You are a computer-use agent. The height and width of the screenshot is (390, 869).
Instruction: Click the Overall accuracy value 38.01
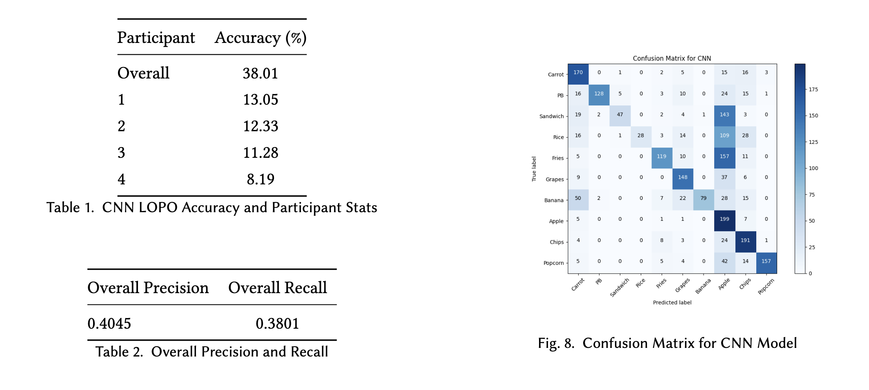tap(260, 74)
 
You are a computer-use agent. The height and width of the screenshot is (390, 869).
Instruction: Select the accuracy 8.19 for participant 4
tap(261, 179)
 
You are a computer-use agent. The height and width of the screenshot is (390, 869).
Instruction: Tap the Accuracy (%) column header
tap(261, 38)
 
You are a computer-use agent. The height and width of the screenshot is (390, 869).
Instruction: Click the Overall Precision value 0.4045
tap(109, 324)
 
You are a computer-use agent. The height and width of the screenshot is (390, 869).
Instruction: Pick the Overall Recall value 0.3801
tap(277, 324)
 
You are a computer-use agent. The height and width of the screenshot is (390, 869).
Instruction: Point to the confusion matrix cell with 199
tap(724, 219)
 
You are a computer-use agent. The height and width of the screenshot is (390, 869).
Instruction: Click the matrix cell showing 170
tap(578, 73)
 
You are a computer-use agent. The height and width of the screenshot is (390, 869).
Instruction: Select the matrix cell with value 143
tap(724, 114)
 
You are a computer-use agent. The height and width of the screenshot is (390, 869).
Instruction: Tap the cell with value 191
tap(745, 240)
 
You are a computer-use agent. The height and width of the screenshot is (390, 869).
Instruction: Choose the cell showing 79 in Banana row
tap(703, 198)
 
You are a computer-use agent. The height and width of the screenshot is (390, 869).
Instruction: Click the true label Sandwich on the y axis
tap(551, 117)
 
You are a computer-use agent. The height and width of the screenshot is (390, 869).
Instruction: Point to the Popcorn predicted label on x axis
tap(766, 287)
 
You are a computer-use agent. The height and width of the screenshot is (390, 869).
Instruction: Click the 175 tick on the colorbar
tap(813, 90)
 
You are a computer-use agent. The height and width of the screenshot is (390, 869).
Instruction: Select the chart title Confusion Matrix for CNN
tap(672, 58)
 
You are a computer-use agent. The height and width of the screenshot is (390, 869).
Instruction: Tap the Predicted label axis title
tap(672, 303)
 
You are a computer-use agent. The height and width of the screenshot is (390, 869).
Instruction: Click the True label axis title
tap(534, 169)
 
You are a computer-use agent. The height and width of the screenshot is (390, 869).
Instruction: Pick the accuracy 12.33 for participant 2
tap(261, 126)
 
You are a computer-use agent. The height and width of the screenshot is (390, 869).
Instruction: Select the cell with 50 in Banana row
tap(578, 198)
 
